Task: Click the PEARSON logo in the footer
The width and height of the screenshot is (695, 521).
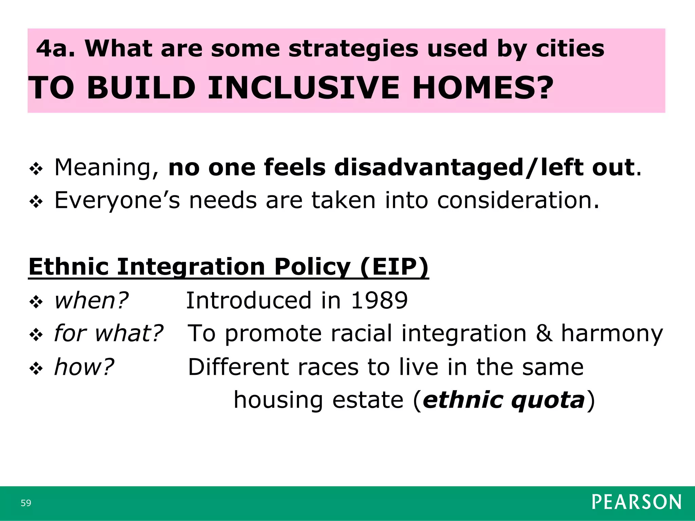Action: [637, 502]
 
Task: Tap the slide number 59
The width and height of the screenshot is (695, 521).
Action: [26, 503]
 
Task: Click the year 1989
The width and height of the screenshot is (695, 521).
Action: [379, 301]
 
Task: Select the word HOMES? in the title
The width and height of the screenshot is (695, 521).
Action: [483, 88]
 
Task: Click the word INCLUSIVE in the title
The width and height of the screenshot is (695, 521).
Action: [304, 88]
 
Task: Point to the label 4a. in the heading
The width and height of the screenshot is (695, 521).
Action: [56, 49]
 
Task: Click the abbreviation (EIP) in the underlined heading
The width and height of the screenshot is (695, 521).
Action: [394, 267]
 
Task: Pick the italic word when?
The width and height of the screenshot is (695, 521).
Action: [91, 301]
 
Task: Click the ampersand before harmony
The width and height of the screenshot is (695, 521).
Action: [544, 333]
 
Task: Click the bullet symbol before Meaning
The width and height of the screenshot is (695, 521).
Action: [36, 169]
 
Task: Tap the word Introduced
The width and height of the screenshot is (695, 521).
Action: [248, 301]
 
